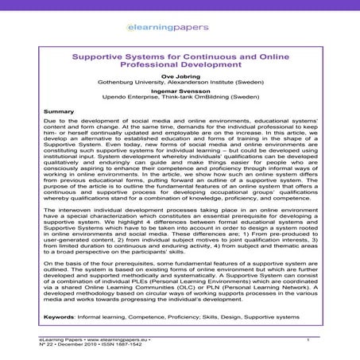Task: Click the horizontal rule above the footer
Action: tap(180, 335)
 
